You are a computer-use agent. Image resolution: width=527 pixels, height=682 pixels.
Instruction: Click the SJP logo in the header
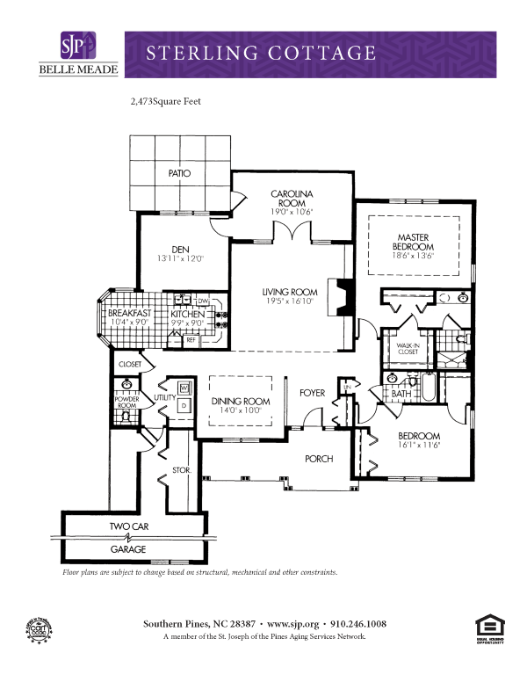(x=76, y=46)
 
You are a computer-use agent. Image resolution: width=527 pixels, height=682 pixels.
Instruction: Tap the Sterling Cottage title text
(x=261, y=53)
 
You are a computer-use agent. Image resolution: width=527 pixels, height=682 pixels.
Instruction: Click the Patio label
(x=179, y=173)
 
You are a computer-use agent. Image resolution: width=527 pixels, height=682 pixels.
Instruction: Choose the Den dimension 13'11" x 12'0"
(x=180, y=259)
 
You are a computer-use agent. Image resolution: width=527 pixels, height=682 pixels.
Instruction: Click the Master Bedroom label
(x=412, y=242)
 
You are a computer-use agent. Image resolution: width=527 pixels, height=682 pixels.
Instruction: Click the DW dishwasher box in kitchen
(x=202, y=301)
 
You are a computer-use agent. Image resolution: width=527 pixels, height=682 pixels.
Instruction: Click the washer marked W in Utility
(x=184, y=388)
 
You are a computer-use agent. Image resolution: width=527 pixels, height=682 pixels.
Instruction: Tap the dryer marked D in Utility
(x=184, y=405)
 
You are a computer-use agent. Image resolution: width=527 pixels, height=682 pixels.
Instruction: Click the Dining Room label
(x=241, y=401)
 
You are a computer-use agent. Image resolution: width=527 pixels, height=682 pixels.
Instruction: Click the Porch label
(x=319, y=459)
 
